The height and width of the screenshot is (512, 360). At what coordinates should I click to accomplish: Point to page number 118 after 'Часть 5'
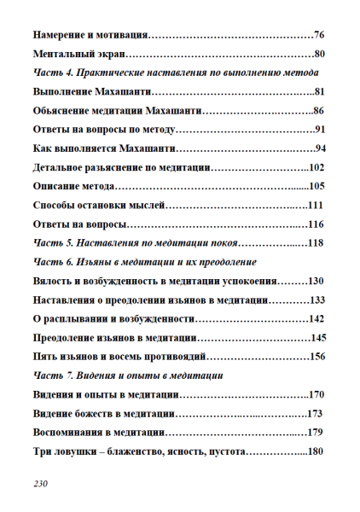pyautogui.click(x=316, y=243)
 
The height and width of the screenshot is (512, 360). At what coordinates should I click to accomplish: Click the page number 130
pyautogui.click(x=316, y=281)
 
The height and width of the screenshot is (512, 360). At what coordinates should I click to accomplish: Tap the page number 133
pyautogui.click(x=316, y=300)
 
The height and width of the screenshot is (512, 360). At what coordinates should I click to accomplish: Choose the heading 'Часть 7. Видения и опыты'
pyautogui.click(x=127, y=375)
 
